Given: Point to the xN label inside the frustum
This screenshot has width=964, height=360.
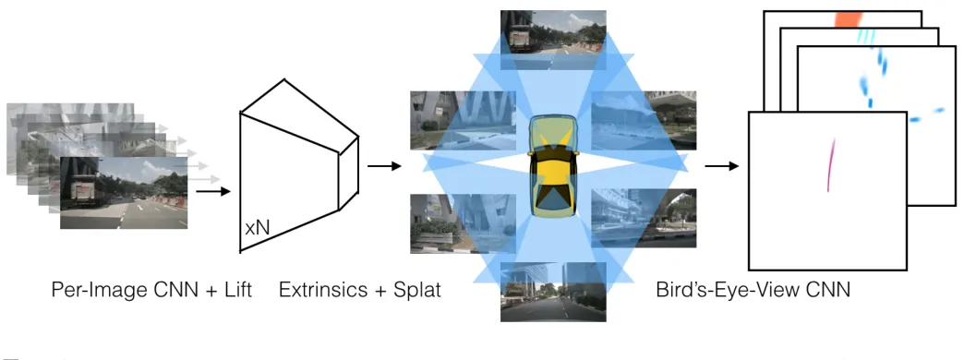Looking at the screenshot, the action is [258, 229].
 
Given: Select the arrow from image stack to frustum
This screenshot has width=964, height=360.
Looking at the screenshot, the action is [212, 192].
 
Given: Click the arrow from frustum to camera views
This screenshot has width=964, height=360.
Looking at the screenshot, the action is [384, 166].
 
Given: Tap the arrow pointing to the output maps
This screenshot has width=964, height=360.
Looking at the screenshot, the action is [722, 166].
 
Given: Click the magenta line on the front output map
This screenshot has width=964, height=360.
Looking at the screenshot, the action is [831, 164].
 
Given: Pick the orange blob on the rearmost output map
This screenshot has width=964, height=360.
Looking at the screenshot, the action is [849, 19].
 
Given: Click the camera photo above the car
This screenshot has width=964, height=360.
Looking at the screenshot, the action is [553, 40].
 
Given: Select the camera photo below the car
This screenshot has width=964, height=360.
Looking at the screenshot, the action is [553, 292].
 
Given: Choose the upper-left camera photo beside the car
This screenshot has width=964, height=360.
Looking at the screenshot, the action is [463, 120].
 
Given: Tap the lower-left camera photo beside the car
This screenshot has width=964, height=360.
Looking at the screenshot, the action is [463, 223].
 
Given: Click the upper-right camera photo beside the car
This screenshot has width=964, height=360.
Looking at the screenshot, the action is [644, 120].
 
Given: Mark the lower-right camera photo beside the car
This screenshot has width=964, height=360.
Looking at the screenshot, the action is [644, 219].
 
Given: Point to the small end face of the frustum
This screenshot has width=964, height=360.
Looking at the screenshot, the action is [348, 174].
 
